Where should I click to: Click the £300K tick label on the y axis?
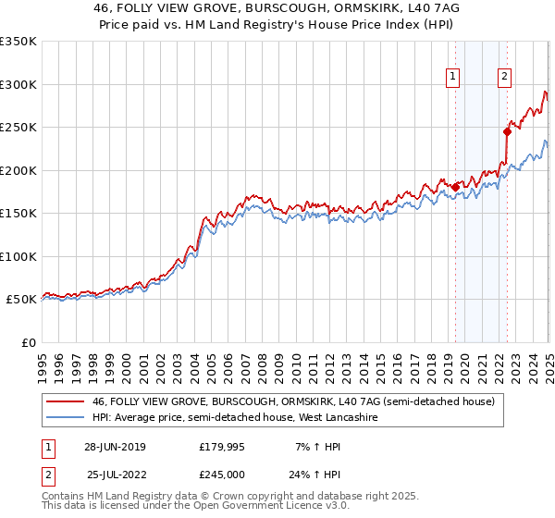pyautogui.click(x=18, y=84)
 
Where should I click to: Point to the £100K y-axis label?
pyautogui.click(x=18, y=256)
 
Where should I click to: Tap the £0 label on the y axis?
pyautogui.click(x=27, y=342)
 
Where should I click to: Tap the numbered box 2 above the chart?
pyautogui.click(x=505, y=77)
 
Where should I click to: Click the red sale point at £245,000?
pyautogui.click(x=508, y=131)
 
